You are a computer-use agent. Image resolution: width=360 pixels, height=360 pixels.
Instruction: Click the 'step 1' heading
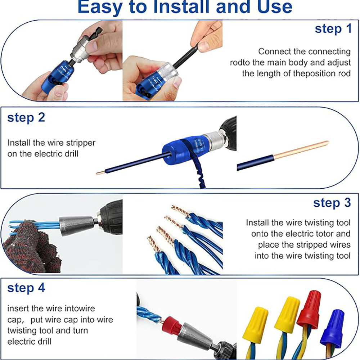tap(333, 29)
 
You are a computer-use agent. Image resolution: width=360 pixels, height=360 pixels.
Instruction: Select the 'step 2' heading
tap(26, 118)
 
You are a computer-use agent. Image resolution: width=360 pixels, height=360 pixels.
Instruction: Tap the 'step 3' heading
tap(332, 203)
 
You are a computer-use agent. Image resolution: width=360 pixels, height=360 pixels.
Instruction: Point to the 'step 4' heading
tap(26, 288)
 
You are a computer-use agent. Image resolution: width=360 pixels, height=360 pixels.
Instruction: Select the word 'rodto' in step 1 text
tap(240, 63)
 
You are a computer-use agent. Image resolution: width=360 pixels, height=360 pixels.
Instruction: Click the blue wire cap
tap(333, 328)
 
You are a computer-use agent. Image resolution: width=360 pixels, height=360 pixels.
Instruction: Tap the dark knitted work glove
tap(29, 248)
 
